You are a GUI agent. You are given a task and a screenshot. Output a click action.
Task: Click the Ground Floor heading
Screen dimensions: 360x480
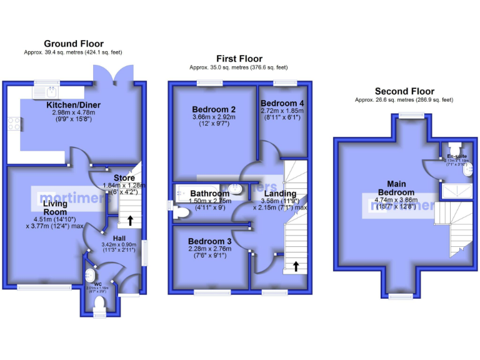(73, 43)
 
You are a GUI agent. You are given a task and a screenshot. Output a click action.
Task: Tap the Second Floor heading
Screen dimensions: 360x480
(404, 91)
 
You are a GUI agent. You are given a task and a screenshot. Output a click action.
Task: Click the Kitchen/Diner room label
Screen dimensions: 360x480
(74, 104)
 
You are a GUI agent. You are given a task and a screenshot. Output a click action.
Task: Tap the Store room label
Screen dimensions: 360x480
(124, 177)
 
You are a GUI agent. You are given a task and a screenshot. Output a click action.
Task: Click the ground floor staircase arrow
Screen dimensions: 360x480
(130, 220)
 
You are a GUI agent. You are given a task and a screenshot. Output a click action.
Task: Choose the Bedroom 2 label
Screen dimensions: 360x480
(214, 109)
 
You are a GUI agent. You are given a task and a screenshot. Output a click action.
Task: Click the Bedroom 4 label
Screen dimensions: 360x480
(282, 103)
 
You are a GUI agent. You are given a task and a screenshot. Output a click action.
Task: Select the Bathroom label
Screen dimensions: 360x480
(209, 194)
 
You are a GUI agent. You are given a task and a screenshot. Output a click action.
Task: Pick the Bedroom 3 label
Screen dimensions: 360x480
(210, 241)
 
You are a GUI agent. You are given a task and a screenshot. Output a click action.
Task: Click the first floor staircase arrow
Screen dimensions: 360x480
(295, 267)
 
